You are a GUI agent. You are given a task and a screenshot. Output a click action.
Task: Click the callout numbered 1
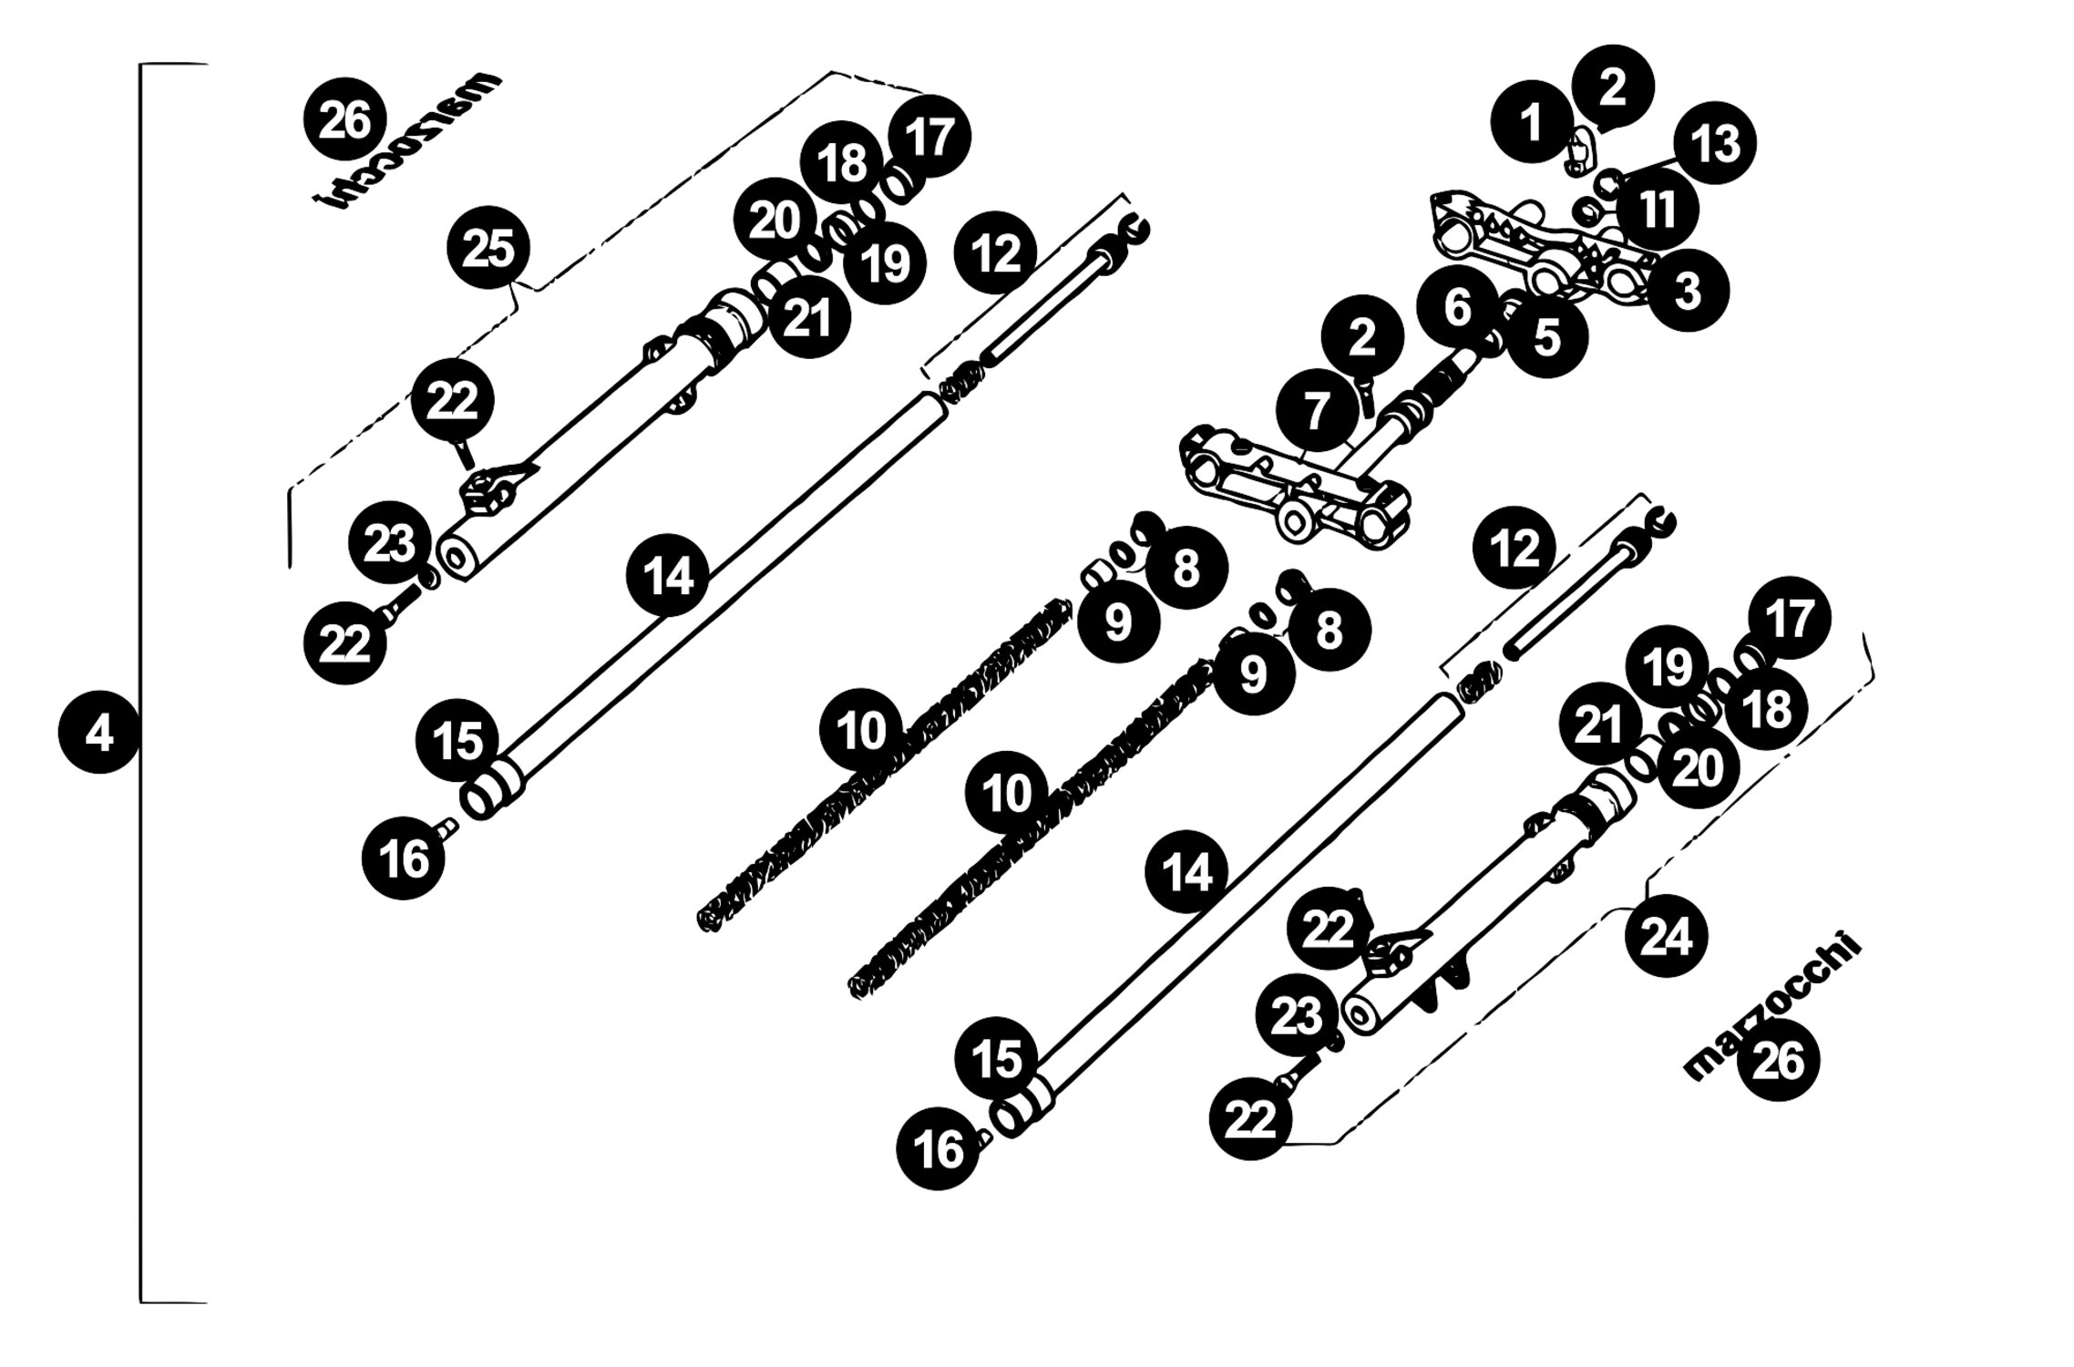coord(1533,122)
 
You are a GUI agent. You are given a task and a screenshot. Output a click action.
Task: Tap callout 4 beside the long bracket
coord(98,732)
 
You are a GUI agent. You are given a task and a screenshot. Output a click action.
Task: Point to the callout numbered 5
coord(1547,337)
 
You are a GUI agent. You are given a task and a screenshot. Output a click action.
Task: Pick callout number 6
coord(1458,308)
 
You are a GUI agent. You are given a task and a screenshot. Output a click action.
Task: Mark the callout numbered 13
coord(1715,143)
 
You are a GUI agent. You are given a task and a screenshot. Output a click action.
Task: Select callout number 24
coord(1666,936)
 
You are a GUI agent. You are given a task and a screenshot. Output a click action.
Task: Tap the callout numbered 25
coord(488,248)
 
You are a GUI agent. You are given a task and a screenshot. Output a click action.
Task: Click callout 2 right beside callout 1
coord(1612,87)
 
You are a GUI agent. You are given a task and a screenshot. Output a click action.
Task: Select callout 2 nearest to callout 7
coord(1361,337)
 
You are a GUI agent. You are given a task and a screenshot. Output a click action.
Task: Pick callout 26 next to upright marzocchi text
coord(1778,1060)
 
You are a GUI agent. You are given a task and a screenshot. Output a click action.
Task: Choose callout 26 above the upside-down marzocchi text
coord(344,121)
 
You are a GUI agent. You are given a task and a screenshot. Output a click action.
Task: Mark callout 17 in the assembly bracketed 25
coord(929,135)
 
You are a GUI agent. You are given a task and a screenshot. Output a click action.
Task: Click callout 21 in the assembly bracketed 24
coord(1599,725)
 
